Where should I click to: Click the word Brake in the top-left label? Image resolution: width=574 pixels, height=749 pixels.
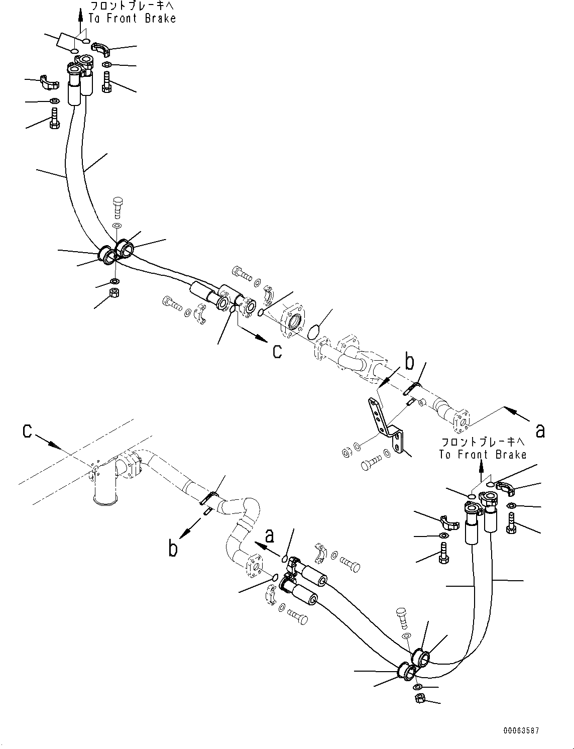click(x=160, y=18)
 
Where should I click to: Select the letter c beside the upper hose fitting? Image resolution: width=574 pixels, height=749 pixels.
click(x=277, y=352)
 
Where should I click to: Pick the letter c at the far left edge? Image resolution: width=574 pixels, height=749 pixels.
click(x=27, y=431)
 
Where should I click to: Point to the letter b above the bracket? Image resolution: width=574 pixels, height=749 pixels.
click(x=409, y=363)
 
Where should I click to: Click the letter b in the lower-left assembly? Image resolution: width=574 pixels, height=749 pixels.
click(x=173, y=549)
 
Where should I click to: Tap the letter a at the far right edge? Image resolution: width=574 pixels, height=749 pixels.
click(x=540, y=431)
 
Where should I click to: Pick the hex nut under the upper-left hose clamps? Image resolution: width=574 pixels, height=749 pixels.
click(x=113, y=293)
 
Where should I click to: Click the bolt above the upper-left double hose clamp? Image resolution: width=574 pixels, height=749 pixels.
click(x=118, y=208)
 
